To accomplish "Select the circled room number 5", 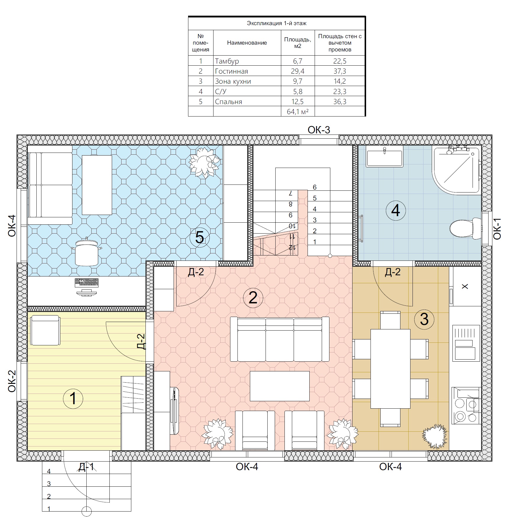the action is pyautogui.click(x=200, y=237).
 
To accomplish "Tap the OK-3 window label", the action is pyautogui.click(x=319, y=130).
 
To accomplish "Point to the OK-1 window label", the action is pyautogui.click(x=497, y=229).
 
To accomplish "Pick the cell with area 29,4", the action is pyautogui.click(x=297, y=71).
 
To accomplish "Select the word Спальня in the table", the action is pyautogui.click(x=229, y=102).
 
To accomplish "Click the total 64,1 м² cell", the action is pyautogui.click(x=297, y=112).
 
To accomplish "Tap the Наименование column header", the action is pyautogui.click(x=247, y=43).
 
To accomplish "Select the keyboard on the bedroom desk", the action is pyautogui.click(x=87, y=283).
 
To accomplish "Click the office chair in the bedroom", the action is pyautogui.click(x=86, y=252).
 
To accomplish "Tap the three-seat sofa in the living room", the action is pyautogui.click(x=280, y=339).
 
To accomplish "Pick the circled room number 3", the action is pyautogui.click(x=424, y=319).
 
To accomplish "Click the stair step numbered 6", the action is pyautogui.click(x=315, y=187).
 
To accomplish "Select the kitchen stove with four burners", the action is pyautogui.click(x=466, y=406).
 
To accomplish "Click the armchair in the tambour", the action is pyautogui.click(x=45, y=330).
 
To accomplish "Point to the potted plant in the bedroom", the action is pyautogui.click(x=204, y=162).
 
